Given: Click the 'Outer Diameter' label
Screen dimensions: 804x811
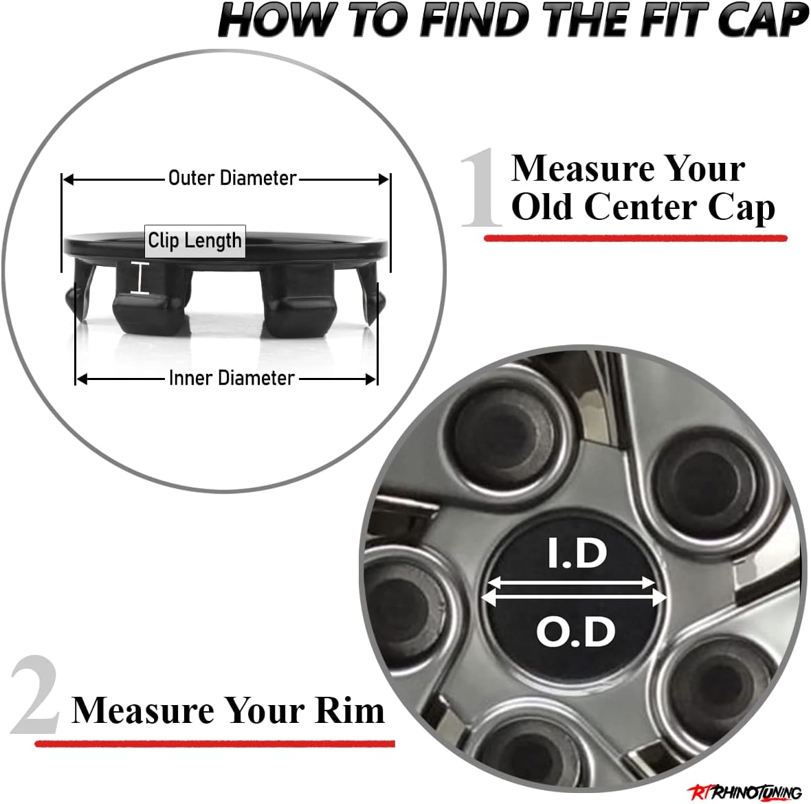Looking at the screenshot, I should pyautogui.click(x=232, y=178).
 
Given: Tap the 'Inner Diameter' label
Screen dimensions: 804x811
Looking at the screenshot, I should pyautogui.click(x=232, y=378).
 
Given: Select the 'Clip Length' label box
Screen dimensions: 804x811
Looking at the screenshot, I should pyautogui.click(x=195, y=241).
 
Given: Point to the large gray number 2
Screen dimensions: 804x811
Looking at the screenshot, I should pyautogui.click(x=35, y=695).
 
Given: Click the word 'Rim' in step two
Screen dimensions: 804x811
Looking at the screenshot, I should pyautogui.click(x=349, y=710).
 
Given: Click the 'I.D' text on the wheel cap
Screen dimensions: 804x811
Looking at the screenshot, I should pyautogui.click(x=577, y=554).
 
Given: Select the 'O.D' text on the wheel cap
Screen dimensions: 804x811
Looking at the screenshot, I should pyautogui.click(x=575, y=632).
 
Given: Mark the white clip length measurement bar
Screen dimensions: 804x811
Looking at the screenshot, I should pyautogui.click(x=140, y=278).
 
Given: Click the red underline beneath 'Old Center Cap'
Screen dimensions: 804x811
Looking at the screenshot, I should pyautogui.click(x=635, y=238).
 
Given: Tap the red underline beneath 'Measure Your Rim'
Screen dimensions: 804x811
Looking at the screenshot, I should pyautogui.click(x=214, y=743).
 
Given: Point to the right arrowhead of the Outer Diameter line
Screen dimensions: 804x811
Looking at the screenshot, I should pyautogui.click(x=384, y=179).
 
